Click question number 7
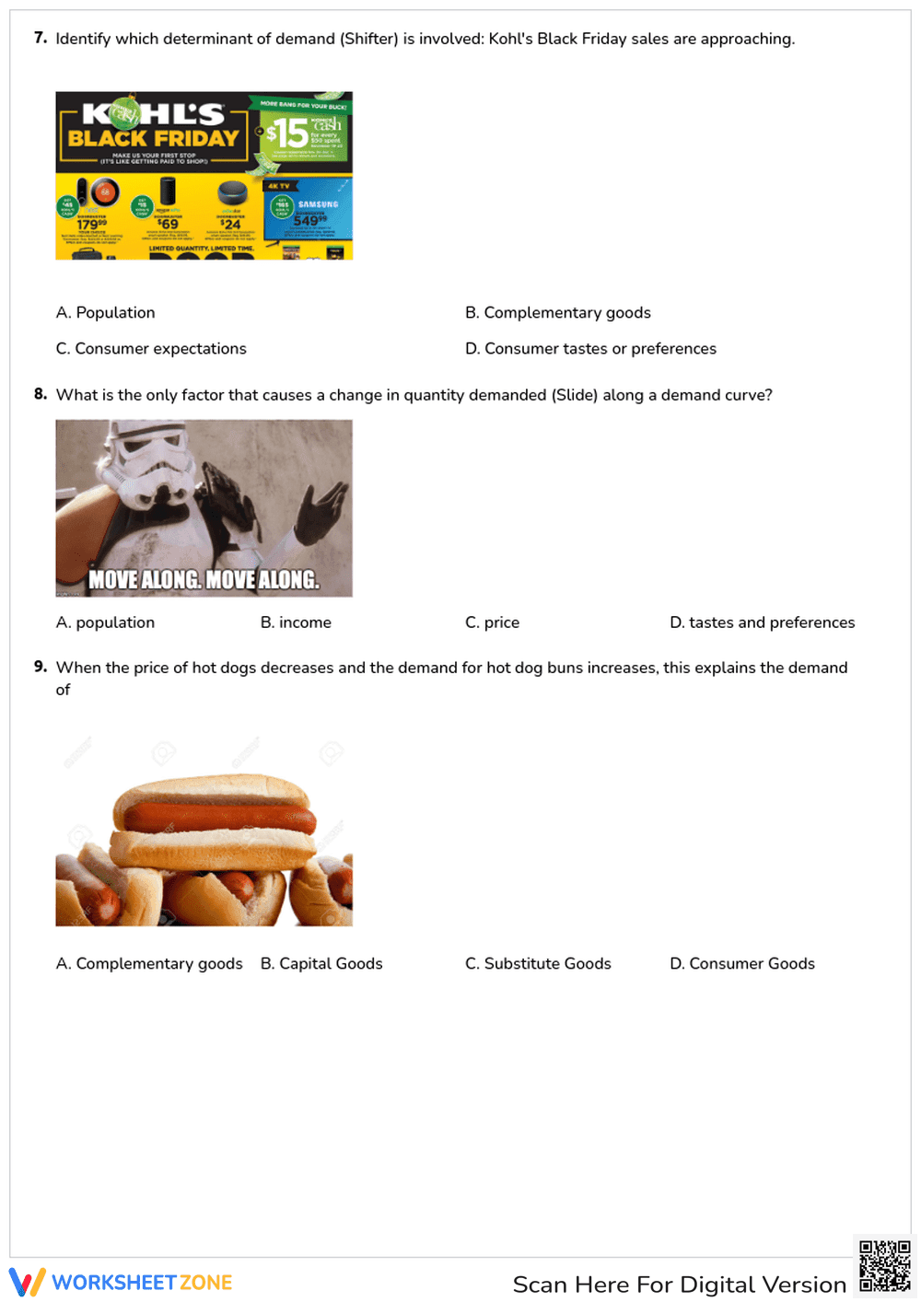[41, 38]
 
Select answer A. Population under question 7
[105, 313]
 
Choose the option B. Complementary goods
[557, 313]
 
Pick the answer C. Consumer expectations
[151, 349]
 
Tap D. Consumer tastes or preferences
[590, 349]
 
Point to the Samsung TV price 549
[306, 221]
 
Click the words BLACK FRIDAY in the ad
[153, 138]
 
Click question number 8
[41, 394]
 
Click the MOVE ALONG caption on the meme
[204, 580]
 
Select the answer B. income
[296, 623]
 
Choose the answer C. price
[492, 623]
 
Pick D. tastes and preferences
[762, 623]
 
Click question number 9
[41, 667]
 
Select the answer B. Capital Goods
[321, 964]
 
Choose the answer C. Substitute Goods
[538, 964]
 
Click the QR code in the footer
[884, 1266]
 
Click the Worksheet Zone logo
[121, 1283]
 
